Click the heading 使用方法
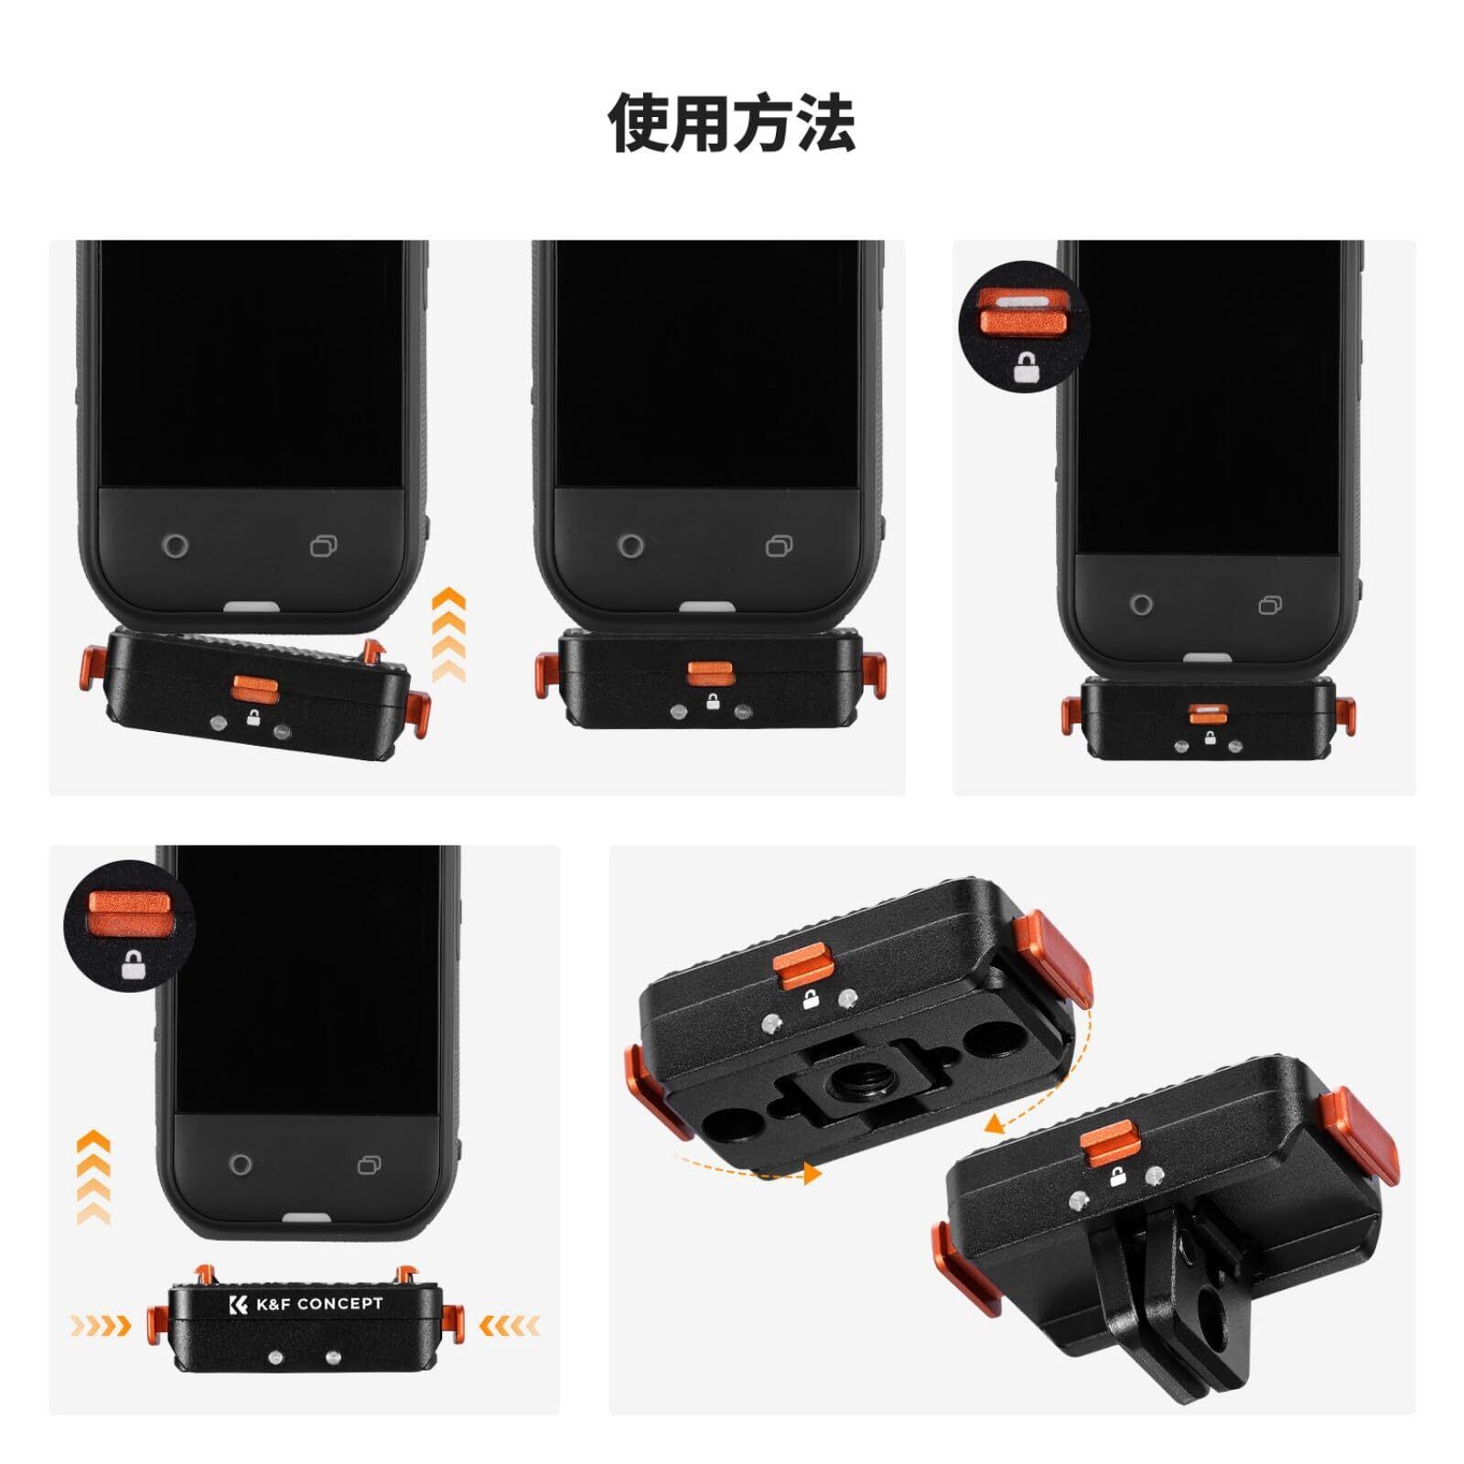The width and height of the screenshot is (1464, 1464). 732,122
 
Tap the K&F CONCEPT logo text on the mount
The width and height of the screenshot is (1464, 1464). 307,1304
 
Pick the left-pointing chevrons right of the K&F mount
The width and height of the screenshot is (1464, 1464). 510,1324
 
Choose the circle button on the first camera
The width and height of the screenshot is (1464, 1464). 176,546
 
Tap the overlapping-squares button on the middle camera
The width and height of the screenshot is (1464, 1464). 779,546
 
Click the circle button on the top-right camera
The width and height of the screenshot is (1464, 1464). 1141,605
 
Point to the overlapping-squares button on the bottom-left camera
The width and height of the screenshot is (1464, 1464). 370,1165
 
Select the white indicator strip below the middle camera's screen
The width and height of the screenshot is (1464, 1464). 707,608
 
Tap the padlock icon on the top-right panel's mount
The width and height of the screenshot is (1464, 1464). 1210,737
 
